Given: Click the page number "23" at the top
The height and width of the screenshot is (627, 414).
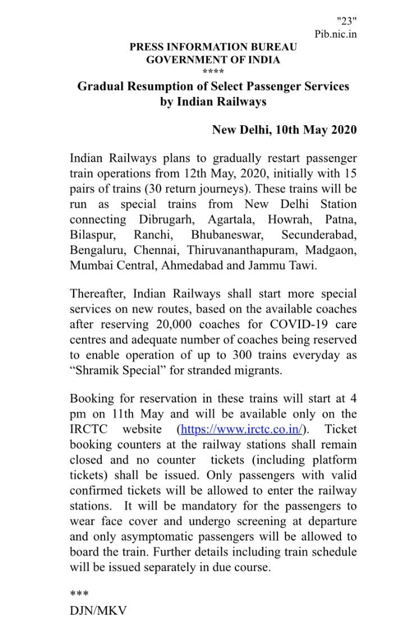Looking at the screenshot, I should (347, 21).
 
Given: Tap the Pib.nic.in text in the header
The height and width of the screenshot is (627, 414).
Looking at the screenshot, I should (335, 34).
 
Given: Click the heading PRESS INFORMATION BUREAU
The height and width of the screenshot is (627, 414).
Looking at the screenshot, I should (213, 47).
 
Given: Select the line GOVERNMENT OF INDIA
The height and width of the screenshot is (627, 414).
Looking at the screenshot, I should (213, 60).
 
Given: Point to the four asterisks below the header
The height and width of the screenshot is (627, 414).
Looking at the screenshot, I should (213, 72).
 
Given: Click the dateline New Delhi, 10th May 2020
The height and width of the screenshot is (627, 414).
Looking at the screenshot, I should (284, 130).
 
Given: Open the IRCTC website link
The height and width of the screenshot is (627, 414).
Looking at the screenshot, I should (242, 429).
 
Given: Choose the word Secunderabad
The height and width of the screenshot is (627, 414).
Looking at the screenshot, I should (319, 234).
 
